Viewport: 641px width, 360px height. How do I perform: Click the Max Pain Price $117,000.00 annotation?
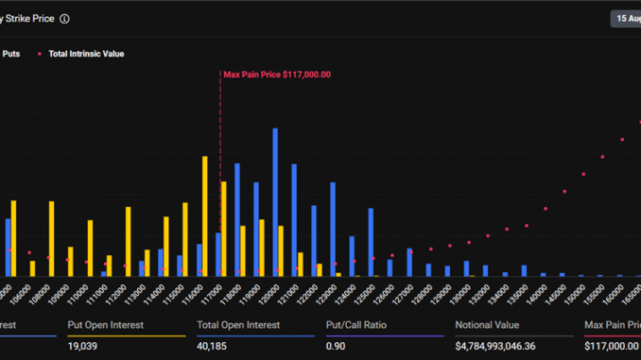point(276,75)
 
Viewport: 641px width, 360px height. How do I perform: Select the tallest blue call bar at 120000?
point(275,201)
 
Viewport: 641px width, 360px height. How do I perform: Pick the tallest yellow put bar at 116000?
point(205,215)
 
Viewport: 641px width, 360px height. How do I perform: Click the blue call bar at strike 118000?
point(237,219)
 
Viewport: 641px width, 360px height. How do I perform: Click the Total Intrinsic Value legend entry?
point(86,54)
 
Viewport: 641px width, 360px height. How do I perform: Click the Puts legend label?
point(12,54)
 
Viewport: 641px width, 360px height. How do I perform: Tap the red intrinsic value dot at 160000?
point(622,139)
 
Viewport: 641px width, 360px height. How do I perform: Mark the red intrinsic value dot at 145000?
point(564,192)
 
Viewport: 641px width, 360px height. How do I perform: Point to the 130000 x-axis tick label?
point(461,289)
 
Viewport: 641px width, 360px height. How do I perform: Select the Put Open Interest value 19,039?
point(83,347)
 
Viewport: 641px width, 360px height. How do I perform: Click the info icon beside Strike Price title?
point(64,18)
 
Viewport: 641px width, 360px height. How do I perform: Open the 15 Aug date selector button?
point(626,18)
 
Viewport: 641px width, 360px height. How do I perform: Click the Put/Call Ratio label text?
point(355,325)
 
